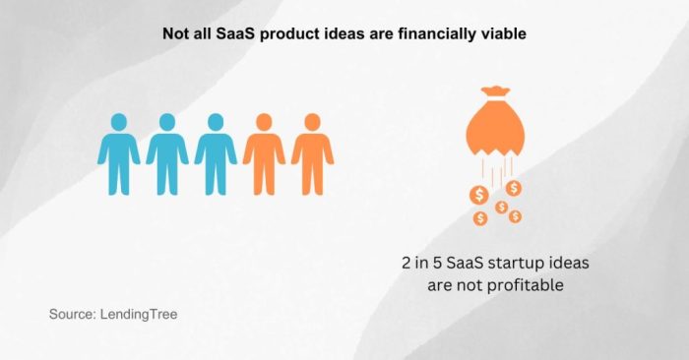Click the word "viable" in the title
[x=502, y=32]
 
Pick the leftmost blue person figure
[x=118, y=153]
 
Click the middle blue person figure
[x=166, y=153]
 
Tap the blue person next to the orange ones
[x=215, y=153]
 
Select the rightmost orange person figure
[x=312, y=153]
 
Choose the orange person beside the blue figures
[x=264, y=153]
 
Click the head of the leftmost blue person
[x=118, y=123]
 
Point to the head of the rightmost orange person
[x=312, y=123]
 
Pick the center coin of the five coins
[x=501, y=207]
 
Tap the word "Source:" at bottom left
[x=73, y=315]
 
